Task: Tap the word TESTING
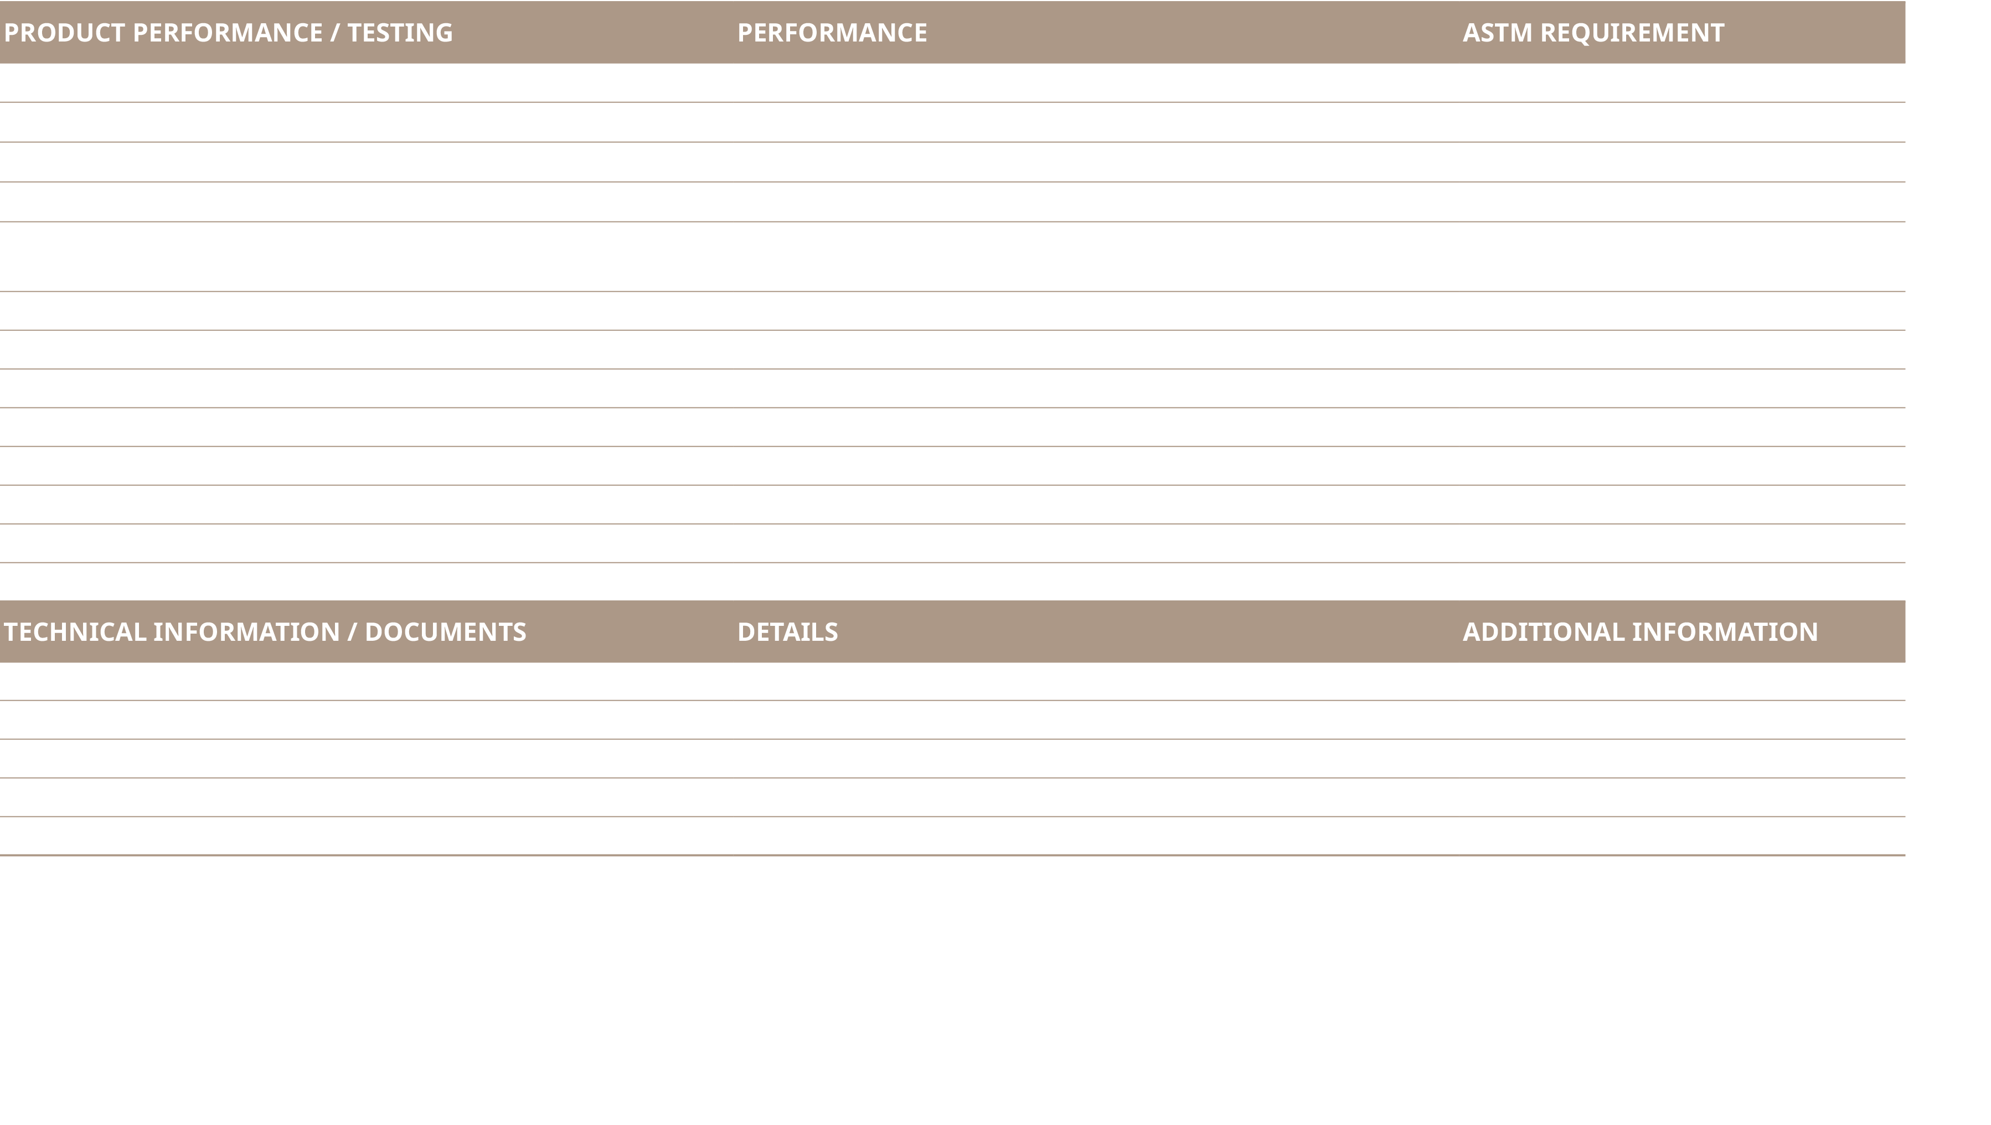point(400,33)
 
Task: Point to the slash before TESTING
point(334,33)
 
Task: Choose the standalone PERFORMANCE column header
point(832,33)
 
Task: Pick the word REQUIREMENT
point(1632,33)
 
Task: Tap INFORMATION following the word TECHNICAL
point(246,632)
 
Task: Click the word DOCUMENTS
point(445,632)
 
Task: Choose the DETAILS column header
point(787,632)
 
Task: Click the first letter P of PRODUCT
point(12,33)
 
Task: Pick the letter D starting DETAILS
point(746,632)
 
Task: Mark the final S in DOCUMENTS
point(519,632)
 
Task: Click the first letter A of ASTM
point(1472,33)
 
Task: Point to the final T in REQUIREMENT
point(1716,33)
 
